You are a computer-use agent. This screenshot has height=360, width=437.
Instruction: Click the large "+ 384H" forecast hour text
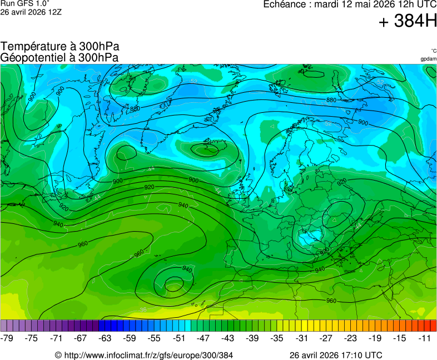pyautogui.click(x=407, y=22)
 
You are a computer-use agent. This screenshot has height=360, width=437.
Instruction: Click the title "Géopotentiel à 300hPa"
pyautogui.click(x=59, y=57)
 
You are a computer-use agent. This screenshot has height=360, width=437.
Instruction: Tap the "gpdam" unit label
pyautogui.click(x=429, y=58)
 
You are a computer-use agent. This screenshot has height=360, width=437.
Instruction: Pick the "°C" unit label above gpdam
pyautogui.click(x=433, y=51)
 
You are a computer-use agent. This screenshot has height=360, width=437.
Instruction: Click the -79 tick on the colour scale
pyautogui.click(x=8, y=338)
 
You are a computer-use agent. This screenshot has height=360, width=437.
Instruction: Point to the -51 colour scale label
pyautogui.click(x=179, y=338)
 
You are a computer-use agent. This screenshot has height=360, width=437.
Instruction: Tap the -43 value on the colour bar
pyautogui.click(x=228, y=338)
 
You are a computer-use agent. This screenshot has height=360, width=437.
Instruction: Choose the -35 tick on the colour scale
pyautogui.click(x=277, y=338)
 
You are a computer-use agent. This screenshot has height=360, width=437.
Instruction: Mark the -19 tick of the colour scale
pyautogui.click(x=375, y=338)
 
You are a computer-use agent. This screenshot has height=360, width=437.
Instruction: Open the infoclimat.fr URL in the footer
pyautogui.click(x=148, y=355)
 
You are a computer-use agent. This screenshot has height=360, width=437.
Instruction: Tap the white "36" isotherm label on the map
pyautogui.click(x=143, y=310)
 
